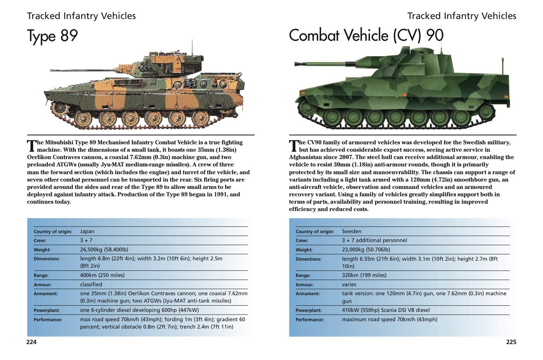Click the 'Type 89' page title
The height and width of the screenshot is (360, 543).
tap(52, 36)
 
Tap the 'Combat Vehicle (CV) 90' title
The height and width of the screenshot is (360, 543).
tap(366, 35)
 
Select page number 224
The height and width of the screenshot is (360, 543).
tap(31, 342)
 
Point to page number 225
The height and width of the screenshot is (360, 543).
tap(511, 342)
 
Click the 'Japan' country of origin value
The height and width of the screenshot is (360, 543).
tap(87, 231)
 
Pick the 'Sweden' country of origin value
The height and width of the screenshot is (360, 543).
tap(351, 231)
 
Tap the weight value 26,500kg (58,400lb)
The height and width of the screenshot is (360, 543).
tap(104, 249)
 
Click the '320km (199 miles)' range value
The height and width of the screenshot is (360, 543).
tap(364, 275)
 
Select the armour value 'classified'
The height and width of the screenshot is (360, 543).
tap(91, 284)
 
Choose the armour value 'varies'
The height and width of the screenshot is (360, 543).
tap(349, 284)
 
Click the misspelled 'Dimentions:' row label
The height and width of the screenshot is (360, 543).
tap(308, 259)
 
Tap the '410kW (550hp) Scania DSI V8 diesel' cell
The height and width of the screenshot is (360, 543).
tap(386, 310)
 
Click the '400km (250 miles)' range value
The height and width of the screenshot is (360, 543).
tap(102, 275)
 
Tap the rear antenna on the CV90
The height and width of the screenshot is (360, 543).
tap(504, 66)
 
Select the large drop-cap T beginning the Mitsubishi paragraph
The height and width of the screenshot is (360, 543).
tap(31, 146)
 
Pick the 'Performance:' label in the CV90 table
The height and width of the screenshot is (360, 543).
tap(310, 320)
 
